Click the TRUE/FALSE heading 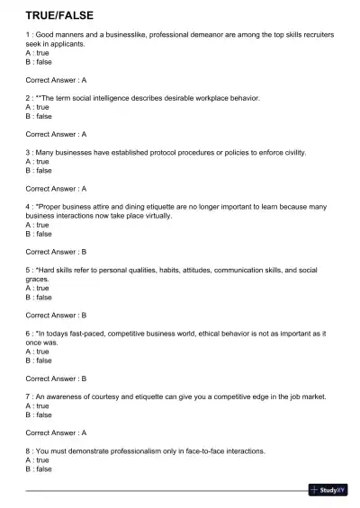[x=59, y=15]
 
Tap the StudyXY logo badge [x=328, y=490]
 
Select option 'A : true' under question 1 [x=37, y=53]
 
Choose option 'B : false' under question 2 [x=39, y=116]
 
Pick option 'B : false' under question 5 [x=39, y=297]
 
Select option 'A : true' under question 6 [x=37, y=352]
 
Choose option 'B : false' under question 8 [x=39, y=468]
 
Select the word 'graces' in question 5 [x=38, y=279]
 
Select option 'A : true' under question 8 [x=37, y=459]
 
